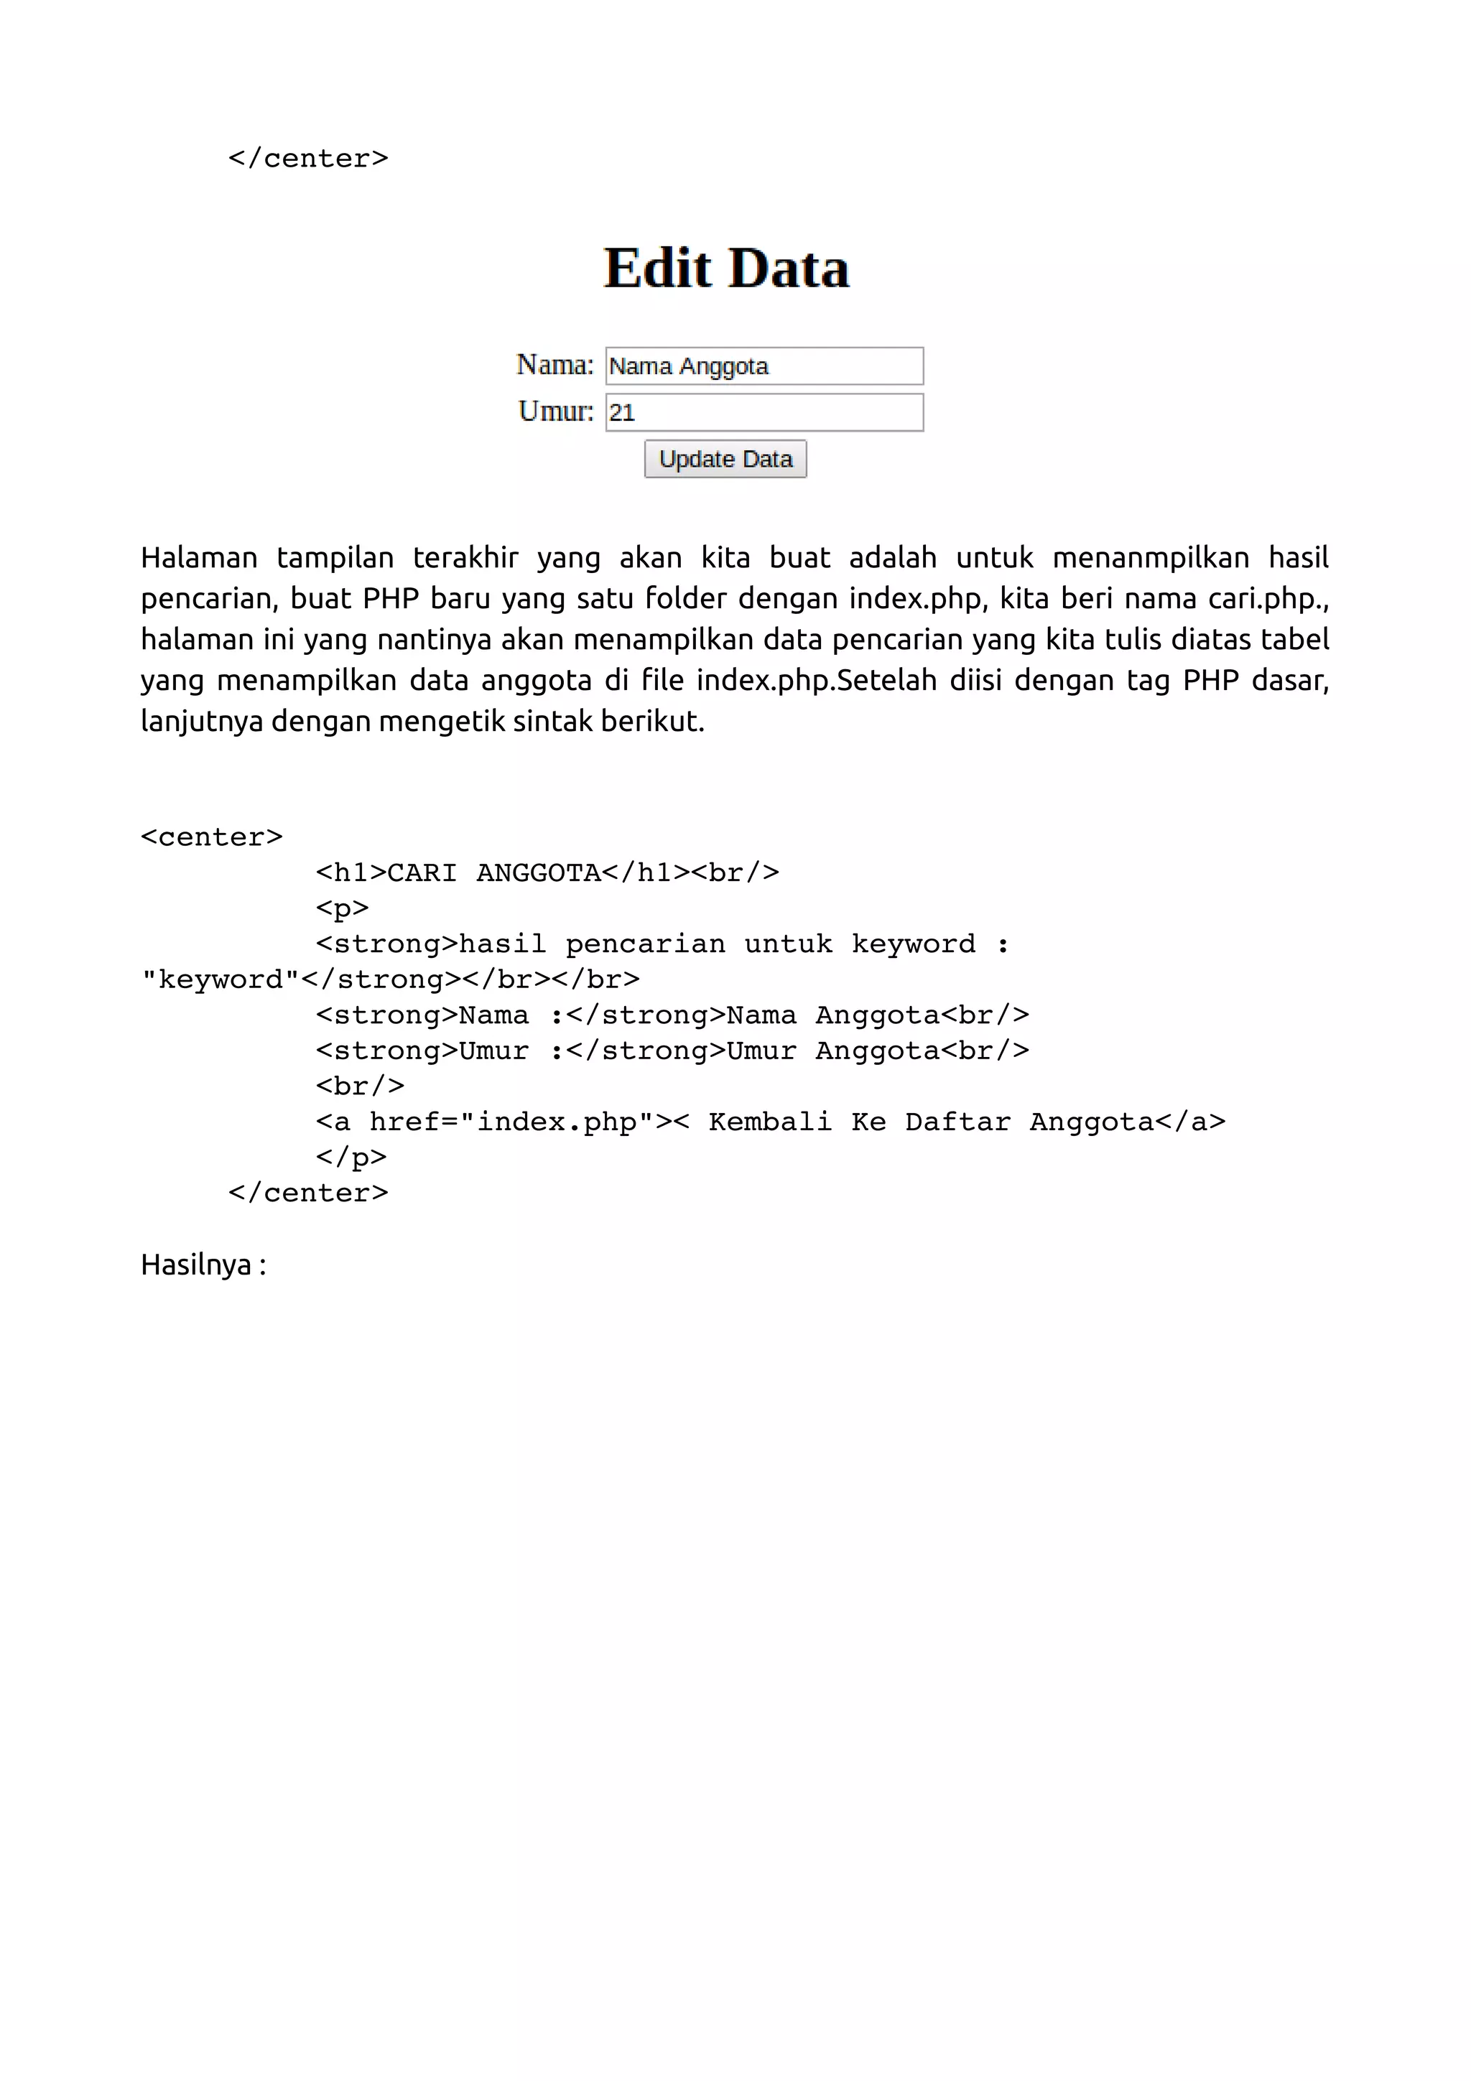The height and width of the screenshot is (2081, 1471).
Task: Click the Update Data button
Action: pyautogui.click(x=725, y=459)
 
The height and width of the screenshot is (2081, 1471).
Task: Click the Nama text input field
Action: pyautogui.click(x=764, y=366)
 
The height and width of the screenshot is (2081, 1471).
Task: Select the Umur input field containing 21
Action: pyautogui.click(x=764, y=412)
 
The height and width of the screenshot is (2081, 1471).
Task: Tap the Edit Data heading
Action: pyautogui.click(x=726, y=269)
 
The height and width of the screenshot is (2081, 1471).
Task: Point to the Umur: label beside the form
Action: pyautogui.click(x=556, y=411)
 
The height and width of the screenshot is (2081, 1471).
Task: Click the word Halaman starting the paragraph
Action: pyautogui.click(x=198, y=557)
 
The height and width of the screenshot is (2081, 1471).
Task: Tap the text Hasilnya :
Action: pyautogui.click(x=203, y=1265)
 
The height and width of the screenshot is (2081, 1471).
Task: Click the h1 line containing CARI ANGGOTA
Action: pyautogui.click(x=547, y=872)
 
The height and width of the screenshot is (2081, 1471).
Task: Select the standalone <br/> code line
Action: pyautogui.click(x=360, y=1086)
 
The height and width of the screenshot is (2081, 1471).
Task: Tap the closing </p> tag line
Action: pyautogui.click(x=351, y=1158)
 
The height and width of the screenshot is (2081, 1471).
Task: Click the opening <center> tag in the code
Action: pyautogui.click(x=211, y=837)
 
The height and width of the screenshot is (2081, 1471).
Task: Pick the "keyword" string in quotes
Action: pyautogui.click(x=221, y=979)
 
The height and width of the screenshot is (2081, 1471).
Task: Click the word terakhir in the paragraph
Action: pyautogui.click(x=465, y=557)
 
